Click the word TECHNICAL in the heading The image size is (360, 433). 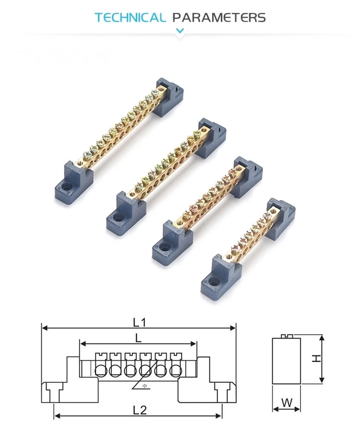coord(130,18)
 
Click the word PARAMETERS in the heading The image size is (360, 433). coord(219,18)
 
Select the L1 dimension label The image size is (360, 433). coord(139,322)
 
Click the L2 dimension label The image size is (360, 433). coord(139,410)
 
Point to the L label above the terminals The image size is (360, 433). coord(138,338)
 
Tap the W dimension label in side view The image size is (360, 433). coord(287,403)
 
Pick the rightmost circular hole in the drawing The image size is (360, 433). coord(176,370)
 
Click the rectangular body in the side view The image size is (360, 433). coord(287,361)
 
